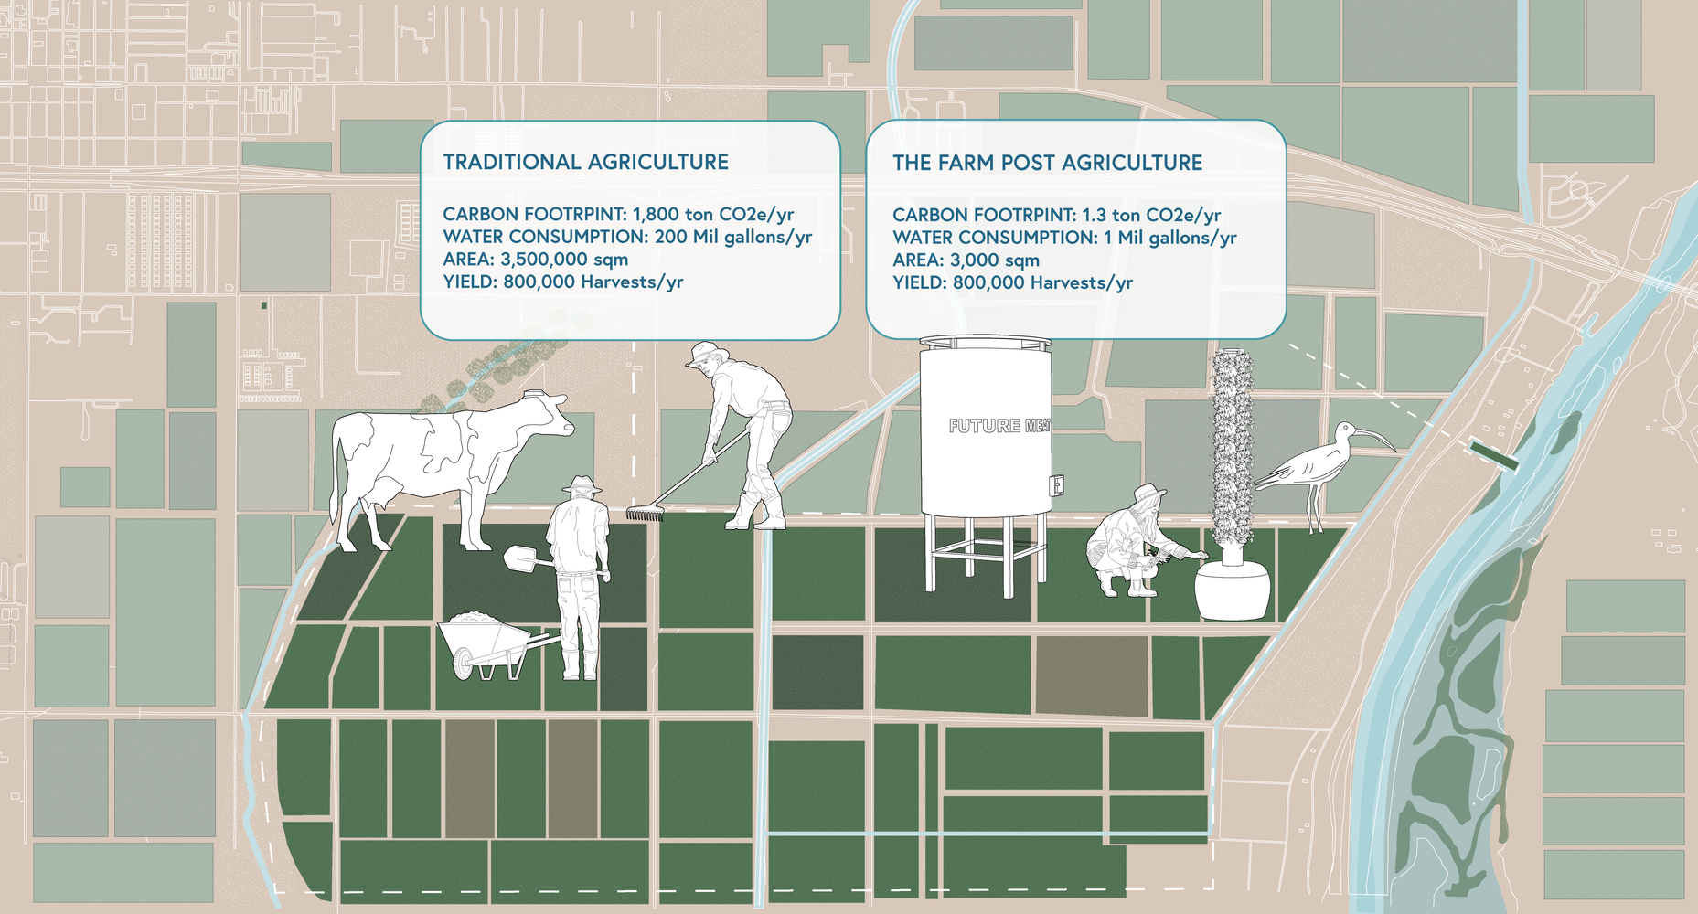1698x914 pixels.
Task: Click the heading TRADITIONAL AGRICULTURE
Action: tap(585, 162)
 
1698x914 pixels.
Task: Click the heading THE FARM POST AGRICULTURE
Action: tap(1047, 163)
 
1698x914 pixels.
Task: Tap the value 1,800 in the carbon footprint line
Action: tap(656, 215)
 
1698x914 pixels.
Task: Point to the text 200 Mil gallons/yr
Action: tap(733, 238)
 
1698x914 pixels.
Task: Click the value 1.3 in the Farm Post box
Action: tap(1095, 216)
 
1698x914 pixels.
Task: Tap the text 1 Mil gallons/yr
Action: tap(1170, 239)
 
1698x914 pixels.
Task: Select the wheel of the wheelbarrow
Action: tap(465, 664)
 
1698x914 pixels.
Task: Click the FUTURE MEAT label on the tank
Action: tap(999, 426)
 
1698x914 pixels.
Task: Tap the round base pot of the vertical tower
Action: tap(1233, 590)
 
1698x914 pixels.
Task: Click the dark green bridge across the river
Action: tap(1494, 455)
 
